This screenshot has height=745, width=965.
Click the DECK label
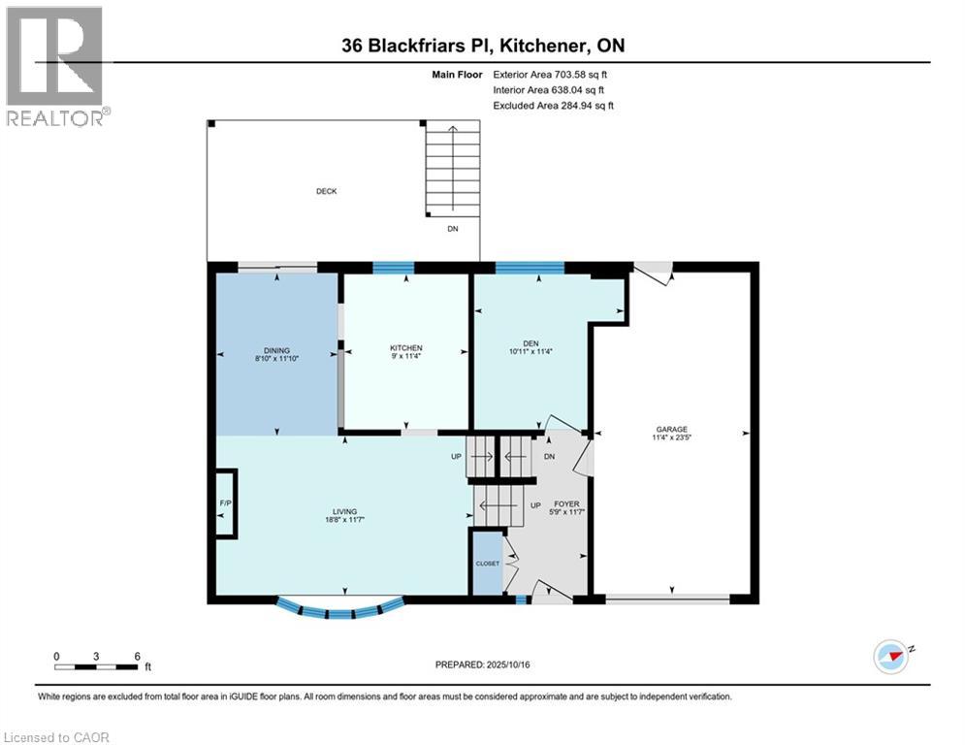[x=327, y=191]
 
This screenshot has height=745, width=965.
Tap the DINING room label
[x=276, y=350]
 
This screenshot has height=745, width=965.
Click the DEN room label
[x=530, y=341]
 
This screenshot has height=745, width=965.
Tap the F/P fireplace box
[x=224, y=503]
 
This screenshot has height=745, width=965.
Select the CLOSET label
[x=487, y=563]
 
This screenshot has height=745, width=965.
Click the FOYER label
[x=566, y=504]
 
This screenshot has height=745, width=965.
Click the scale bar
[x=97, y=666]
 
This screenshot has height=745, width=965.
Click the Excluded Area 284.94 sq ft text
[x=555, y=105]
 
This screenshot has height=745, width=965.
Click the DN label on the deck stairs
[x=453, y=229]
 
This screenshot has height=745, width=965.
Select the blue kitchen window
[x=394, y=268]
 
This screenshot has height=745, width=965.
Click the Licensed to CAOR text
[x=58, y=737]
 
